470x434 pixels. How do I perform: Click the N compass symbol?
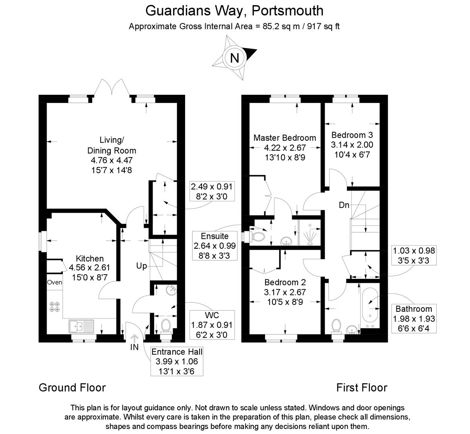[x=234, y=58]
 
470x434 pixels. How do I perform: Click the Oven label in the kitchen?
[x=54, y=283]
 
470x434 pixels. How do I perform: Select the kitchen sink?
[x=81, y=326]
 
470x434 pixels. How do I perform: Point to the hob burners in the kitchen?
[x=55, y=307]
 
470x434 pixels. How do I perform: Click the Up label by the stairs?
[x=141, y=266]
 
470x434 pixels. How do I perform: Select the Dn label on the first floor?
[x=344, y=205]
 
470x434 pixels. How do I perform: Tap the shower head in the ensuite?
[x=311, y=235]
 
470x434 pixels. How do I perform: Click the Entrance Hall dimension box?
[x=177, y=361]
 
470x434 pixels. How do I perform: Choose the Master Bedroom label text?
[x=284, y=138]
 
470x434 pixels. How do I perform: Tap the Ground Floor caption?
[x=72, y=387]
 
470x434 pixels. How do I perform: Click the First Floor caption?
[x=362, y=387]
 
